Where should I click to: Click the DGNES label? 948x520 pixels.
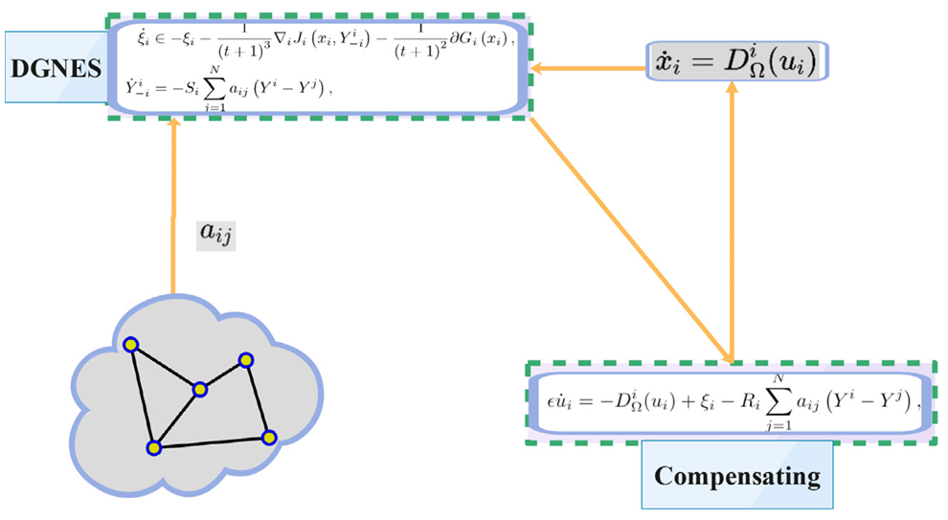[56, 68]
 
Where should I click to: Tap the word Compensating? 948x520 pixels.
[737, 476]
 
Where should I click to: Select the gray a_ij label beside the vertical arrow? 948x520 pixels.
[215, 233]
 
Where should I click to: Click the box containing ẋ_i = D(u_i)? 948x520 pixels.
[737, 61]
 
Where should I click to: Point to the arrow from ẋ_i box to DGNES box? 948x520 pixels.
[588, 68]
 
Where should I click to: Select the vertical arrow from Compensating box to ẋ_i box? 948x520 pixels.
[733, 221]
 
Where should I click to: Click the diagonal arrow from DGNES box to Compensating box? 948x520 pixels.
[631, 240]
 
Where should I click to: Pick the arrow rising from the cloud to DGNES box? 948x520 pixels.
[173, 207]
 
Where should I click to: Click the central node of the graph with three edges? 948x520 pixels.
[200, 390]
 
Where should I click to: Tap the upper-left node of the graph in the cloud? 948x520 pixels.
[131, 346]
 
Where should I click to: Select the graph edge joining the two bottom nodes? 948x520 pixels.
[212, 442]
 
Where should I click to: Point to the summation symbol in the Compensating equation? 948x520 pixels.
[779, 401]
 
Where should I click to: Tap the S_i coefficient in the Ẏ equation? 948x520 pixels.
[191, 89]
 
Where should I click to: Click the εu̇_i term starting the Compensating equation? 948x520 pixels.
[559, 401]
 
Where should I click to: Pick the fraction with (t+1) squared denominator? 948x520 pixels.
[420, 42]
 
